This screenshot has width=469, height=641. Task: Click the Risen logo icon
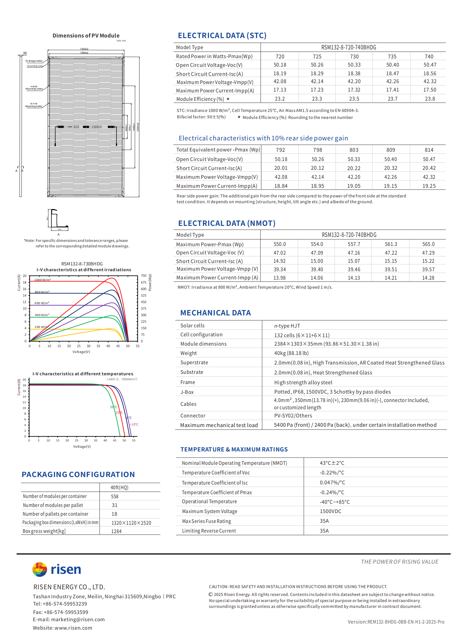tap(40, 569)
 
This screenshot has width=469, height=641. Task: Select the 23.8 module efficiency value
tap(430, 99)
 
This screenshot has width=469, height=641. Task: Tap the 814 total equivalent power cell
tap(429, 150)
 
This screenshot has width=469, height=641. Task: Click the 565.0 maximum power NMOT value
tap(428, 244)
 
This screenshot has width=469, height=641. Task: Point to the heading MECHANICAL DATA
tap(215, 313)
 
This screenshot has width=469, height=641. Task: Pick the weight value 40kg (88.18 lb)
tap(291, 353)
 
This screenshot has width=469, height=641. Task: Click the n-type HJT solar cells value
tap(287, 326)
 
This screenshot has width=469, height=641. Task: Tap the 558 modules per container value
tap(114, 497)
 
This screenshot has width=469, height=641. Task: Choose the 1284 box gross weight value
tap(116, 531)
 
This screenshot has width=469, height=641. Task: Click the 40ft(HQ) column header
tap(119, 488)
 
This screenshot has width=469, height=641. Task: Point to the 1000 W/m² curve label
tap(42, 280)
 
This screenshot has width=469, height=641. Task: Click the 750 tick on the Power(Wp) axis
tap(144, 276)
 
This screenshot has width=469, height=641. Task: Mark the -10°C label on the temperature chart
tap(134, 424)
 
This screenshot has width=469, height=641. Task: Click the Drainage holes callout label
tap(34, 61)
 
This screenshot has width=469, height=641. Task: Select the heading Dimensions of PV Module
tap(86, 36)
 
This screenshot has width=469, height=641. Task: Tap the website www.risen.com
tap(73, 628)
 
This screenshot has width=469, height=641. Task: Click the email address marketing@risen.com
tap(78, 619)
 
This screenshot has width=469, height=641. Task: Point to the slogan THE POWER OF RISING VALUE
tap(400, 562)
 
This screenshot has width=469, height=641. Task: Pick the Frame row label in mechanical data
tap(187, 382)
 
